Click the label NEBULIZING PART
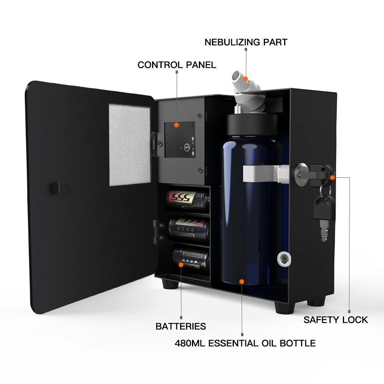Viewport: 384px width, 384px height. click(246, 42)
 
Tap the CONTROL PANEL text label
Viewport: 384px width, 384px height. click(177, 65)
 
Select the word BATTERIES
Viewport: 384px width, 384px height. click(180, 326)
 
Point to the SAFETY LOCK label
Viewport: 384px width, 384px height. click(336, 320)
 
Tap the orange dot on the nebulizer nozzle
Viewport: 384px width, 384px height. click(246, 78)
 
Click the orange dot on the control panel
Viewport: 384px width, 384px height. click(176, 125)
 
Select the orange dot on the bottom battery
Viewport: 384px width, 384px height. click(182, 264)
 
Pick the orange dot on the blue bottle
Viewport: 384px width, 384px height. click(242, 281)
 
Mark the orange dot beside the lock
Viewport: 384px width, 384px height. click(332, 177)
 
